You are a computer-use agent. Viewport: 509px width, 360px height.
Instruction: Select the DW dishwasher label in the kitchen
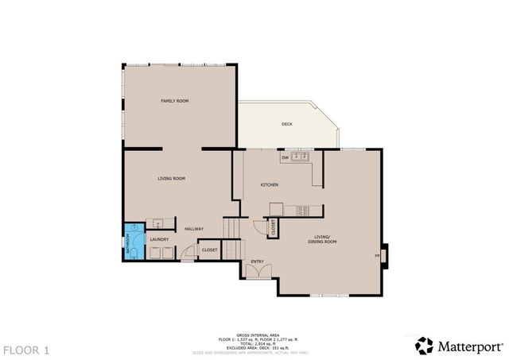click(284, 158)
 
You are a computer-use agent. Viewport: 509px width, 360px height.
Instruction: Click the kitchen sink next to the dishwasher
click(300, 157)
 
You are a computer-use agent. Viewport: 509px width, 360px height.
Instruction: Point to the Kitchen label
click(270, 185)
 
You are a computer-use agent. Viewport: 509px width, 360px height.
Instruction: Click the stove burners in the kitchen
click(302, 211)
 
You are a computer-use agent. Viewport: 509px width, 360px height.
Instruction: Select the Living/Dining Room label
click(324, 238)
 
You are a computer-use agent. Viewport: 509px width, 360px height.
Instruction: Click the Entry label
click(257, 261)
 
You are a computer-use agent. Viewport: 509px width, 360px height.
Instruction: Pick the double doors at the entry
click(259, 273)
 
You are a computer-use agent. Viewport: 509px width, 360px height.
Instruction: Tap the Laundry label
click(159, 238)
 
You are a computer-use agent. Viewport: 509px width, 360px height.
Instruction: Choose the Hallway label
click(194, 229)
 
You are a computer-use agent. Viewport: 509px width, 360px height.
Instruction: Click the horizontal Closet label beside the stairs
click(209, 250)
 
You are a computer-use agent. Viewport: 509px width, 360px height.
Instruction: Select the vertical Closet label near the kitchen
click(273, 228)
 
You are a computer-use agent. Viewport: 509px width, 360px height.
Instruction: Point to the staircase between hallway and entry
click(231, 239)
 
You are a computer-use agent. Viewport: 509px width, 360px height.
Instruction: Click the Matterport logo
click(460, 346)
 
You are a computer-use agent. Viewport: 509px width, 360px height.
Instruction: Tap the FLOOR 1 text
click(25, 349)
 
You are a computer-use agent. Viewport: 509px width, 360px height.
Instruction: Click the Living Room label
click(171, 179)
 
